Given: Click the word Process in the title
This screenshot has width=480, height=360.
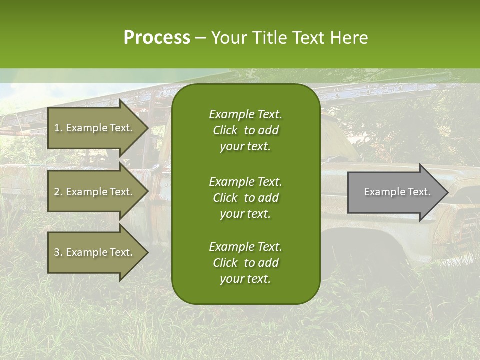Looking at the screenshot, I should point(157,38).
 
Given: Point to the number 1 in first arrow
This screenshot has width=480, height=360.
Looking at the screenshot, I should point(57,128).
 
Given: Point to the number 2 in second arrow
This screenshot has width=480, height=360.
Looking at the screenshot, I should point(57,192).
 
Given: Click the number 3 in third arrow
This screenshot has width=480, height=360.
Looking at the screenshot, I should point(57,252).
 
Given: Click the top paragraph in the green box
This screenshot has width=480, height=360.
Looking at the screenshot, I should point(245,130).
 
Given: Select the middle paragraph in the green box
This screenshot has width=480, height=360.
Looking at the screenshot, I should point(245,198).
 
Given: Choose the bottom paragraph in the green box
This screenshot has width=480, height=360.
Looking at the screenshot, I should point(245,263).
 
